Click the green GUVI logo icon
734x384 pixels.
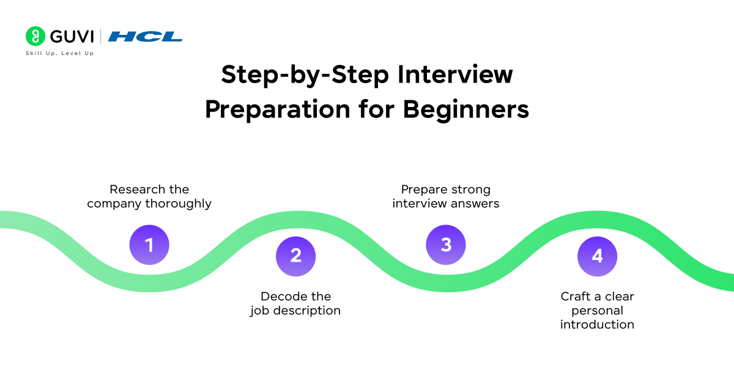tap(35, 36)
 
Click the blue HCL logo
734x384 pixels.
tap(145, 37)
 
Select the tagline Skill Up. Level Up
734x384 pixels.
tap(59, 54)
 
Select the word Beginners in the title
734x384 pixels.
tap(465, 110)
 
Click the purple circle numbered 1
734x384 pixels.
tap(149, 245)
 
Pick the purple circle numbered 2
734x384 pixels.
tap(296, 255)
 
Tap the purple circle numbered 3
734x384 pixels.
tap(446, 245)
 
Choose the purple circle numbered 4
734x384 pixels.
tap(597, 256)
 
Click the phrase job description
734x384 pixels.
tap(295, 311)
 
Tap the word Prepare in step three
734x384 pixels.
tap(424, 190)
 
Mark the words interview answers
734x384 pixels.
tap(446, 204)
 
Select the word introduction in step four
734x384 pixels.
tap(597, 325)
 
